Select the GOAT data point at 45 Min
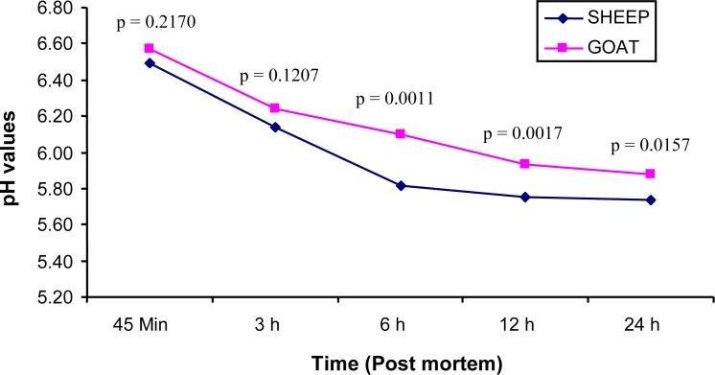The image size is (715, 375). [x=149, y=48]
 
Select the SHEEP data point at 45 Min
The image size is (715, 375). [x=149, y=63]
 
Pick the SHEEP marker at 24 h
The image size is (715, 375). [x=652, y=199]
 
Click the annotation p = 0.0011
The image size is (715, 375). [x=393, y=99]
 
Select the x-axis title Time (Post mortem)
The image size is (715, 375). [x=400, y=363]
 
